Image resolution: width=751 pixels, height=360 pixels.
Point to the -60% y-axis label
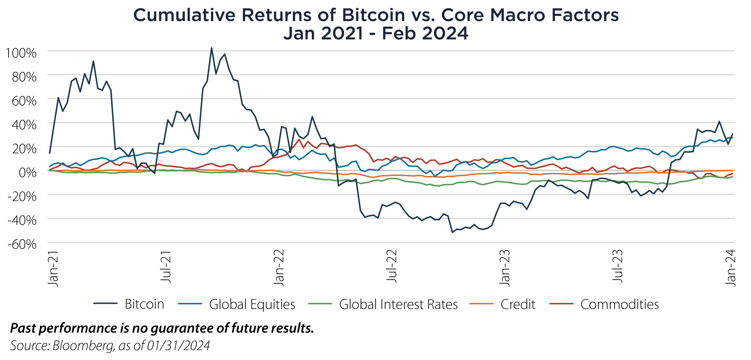point(22,244)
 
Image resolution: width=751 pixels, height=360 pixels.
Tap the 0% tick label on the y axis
point(28,172)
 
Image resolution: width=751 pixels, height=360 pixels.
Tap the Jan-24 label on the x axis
point(731,268)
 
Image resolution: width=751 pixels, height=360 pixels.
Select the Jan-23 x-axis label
point(505,268)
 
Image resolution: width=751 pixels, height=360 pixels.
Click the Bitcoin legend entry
point(144,304)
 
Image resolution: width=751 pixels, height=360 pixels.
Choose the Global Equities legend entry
point(252,304)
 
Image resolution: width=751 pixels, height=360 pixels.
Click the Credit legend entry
point(518,304)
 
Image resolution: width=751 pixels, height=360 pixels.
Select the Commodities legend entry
point(619,304)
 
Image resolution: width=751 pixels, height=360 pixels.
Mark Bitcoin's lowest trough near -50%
point(452,232)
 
